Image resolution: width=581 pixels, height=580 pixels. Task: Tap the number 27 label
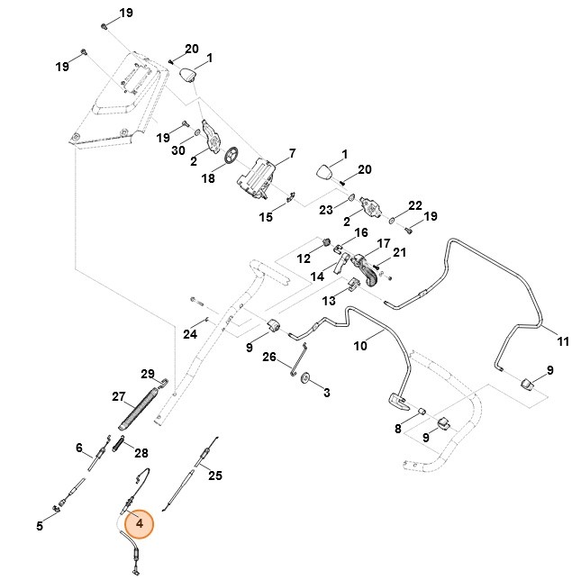(x=117, y=396)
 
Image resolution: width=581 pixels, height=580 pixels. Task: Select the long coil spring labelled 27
(x=141, y=408)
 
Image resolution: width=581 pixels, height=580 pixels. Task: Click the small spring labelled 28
(x=118, y=442)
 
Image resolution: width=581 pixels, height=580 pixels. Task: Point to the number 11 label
(x=563, y=341)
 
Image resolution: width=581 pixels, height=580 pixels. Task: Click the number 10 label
(x=360, y=345)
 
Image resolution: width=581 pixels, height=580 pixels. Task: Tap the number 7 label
(x=292, y=153)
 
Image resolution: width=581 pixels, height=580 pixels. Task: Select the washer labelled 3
(x=304, y=378)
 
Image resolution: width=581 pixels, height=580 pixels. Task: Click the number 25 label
(x=214, y=475)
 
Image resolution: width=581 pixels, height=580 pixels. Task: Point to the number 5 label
(x=40, y=526)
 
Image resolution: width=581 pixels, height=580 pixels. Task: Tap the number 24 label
(x=190, y=334)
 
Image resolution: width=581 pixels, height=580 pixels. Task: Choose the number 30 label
(x=179, y=150)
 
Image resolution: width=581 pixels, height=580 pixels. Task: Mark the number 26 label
(x=268, y=358)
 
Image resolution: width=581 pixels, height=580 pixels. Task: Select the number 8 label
(x=398, y=429)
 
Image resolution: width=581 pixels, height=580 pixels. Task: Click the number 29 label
(x=149, y=373)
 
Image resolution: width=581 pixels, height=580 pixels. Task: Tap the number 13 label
(x=329, y=299)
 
